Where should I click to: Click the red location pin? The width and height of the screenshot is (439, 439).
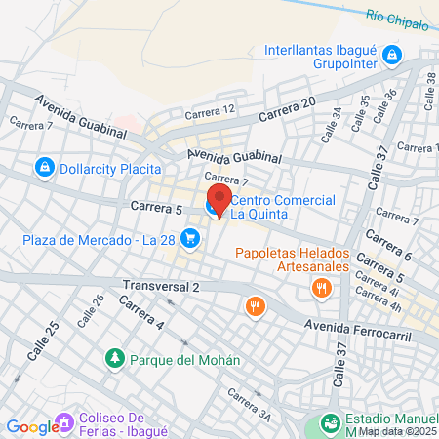(x=217, y=199)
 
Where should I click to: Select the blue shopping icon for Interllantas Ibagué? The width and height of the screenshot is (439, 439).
(x=391, y=54)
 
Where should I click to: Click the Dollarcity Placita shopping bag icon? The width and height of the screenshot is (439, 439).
(x=44, y=168)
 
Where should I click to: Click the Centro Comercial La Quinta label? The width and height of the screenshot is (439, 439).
(x=283, y=207)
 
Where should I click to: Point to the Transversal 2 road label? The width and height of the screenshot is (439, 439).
(x=161, y=286)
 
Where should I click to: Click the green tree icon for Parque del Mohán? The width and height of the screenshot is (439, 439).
(x=115, y=358)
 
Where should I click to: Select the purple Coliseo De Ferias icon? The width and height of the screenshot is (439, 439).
(x=65, y=422)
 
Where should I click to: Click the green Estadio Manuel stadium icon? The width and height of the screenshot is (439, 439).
(x=328, y=424)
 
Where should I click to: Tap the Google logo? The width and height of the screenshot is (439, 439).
(x=31, y=426)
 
